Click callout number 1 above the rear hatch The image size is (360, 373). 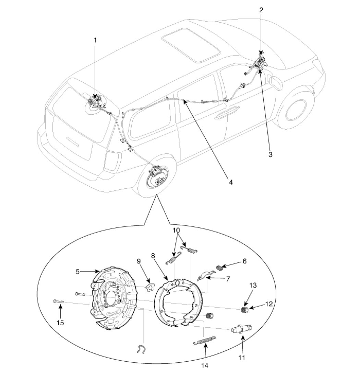pos(95,40)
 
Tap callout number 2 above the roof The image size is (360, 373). pos(261,10)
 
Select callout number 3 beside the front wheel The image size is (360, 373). pos(270,154)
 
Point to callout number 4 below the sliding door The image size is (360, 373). pos(231,183)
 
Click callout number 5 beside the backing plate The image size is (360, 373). pos(77,271)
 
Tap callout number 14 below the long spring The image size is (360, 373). pos(205,365)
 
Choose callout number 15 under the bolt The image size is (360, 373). pos(60,323)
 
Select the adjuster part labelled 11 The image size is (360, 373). pos(242,328)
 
